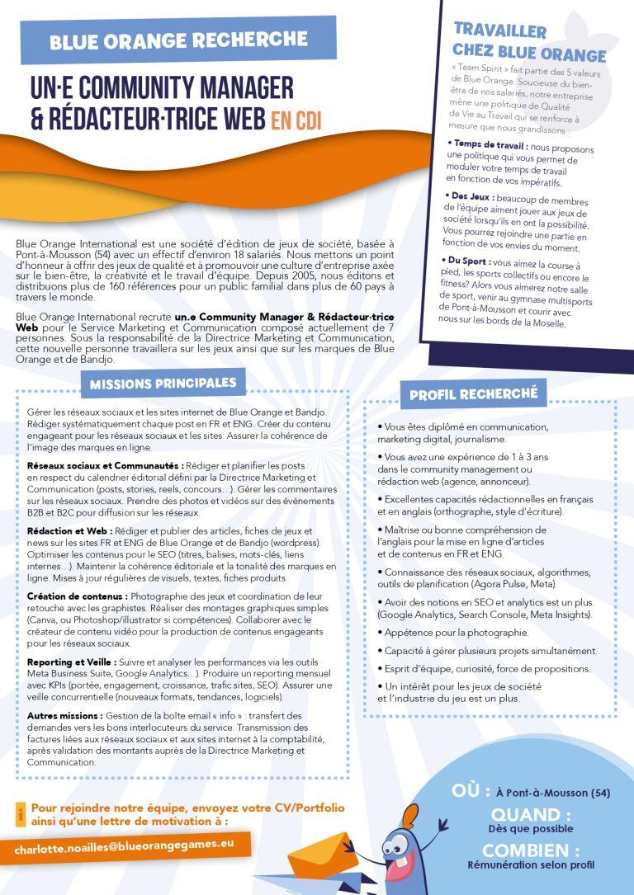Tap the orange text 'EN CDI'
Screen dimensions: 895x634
(296, 121)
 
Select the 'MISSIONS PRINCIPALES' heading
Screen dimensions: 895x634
(163, 384)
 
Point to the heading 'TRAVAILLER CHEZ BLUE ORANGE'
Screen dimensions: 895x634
(528, 43)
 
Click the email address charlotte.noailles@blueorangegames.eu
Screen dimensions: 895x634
(125, 846)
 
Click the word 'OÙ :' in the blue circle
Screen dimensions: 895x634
(472, 791)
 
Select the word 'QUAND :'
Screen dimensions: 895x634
(531, 815)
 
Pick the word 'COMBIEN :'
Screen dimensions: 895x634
(531, 850)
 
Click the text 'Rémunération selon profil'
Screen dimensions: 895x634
(531, 865)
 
